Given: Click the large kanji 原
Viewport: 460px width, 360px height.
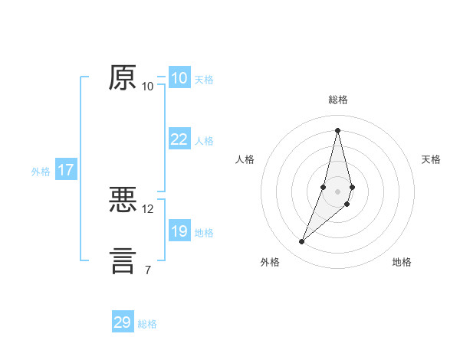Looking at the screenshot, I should pyautogui.click(x=123, y=77).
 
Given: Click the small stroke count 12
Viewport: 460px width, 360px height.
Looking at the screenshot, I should pyautogui.click(x=148, y=208).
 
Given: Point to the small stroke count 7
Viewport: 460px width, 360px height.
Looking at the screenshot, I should pyautogui.click(x=148, y=269).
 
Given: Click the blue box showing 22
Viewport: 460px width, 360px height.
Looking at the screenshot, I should pyautogui.click(x=179, y=139).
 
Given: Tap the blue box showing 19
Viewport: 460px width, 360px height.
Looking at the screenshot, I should pyautogui.click(x=179, y=231).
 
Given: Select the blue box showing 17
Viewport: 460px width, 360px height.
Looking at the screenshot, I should pyautogui.click(x=66, y=170).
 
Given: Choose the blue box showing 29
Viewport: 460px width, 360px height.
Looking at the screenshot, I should pyautogui.click(x=123, y=322).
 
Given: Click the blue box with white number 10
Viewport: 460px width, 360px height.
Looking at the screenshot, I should pyautogui.click(x=179, y=78).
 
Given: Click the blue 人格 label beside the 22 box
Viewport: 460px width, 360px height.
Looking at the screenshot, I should pyautogui.click(x=204, y=141).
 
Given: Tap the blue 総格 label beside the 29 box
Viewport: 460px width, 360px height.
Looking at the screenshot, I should pyautogui.click(x=147, y=324).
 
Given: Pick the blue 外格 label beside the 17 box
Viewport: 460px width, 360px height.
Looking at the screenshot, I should pyautogui.click(x=41, y=172).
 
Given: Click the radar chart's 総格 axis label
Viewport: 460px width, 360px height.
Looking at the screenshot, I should pyautogui.click(x=337, y=100).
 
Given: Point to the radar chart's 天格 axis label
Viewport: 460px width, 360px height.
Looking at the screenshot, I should pyautogui.click(x=432, y=159).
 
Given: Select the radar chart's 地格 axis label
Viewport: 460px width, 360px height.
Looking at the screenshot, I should pyautogui.click(x=402, y=262).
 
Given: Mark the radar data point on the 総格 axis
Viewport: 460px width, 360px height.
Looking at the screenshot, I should pyautogui.click(x=337, y=130).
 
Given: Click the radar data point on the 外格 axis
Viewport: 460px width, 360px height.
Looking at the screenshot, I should pyautogui.click(x=301, y=242).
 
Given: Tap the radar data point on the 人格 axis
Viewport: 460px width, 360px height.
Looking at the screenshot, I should pyautogui.click(x=324, y=187).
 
